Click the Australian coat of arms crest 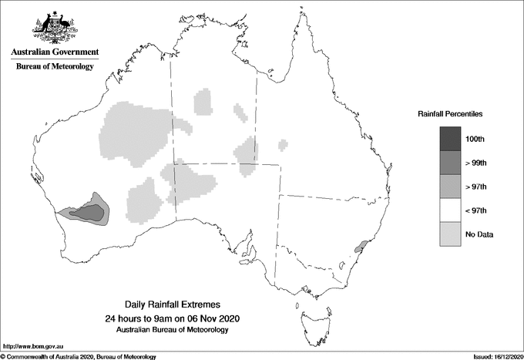(54, 28)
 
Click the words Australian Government (54, 52)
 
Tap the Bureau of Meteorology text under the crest (54, 66)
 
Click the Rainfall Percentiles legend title (450, 113)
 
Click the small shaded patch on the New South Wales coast (358, 247)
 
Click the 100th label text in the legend (475, 139)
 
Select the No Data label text (479, 234)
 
